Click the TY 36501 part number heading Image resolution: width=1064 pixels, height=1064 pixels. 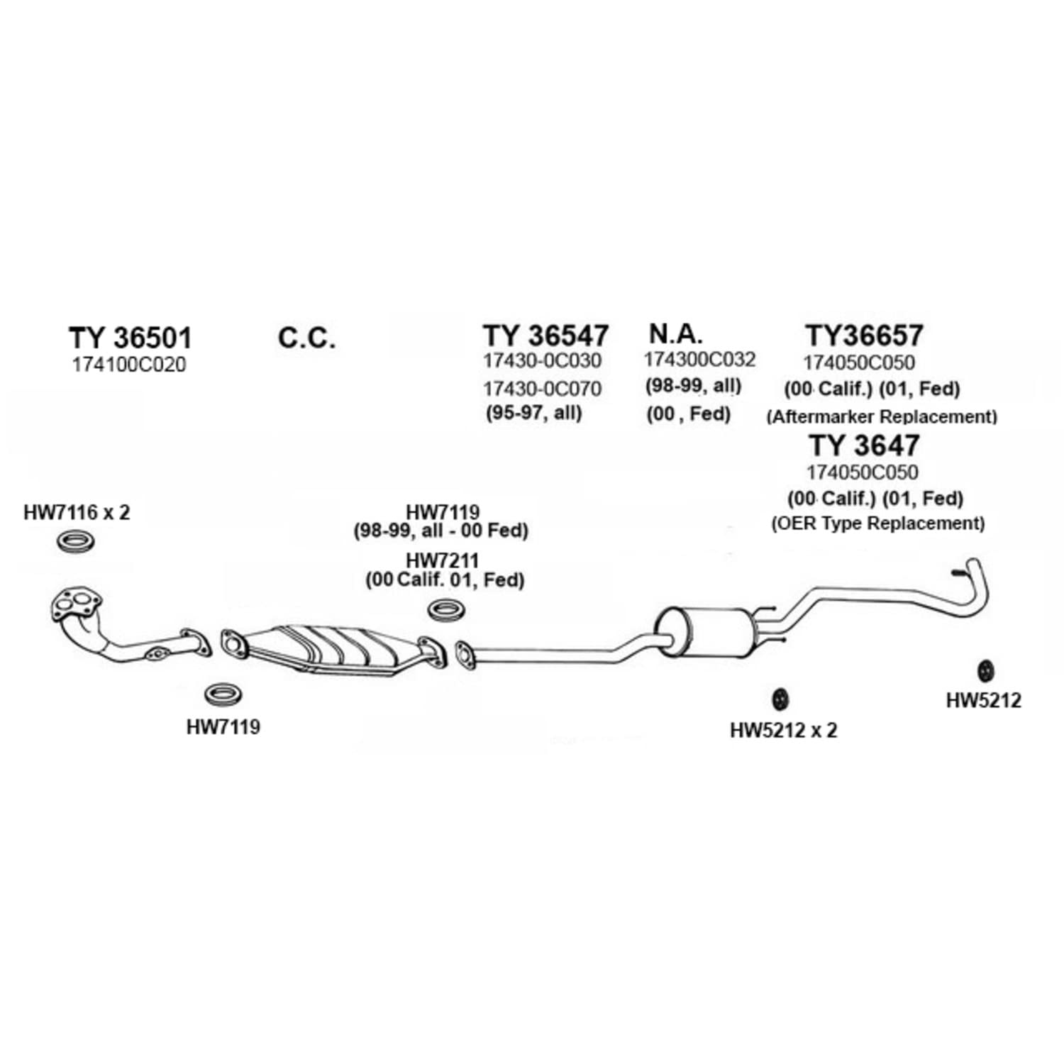pyautogui.click(x=131, y=338)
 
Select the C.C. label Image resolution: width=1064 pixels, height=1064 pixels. pyautogui.click(x=306, y=338)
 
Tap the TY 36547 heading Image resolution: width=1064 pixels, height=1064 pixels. pyautogui.click(x=545, y=335)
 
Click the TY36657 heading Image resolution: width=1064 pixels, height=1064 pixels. pyautogui.click(x=864, y=335)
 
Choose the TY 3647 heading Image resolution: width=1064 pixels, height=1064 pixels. pyautogui.click(x=864, y=445)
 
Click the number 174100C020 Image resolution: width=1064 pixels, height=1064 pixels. pyautogui.click(x=128, y=365)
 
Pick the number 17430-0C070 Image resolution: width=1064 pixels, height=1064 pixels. pyautogui.click(x=542, y=389)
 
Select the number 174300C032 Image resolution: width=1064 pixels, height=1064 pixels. pyautogui.click(x=699, y=360)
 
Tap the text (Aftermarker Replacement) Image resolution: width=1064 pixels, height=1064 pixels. pyautogui.click(x=882, y=416)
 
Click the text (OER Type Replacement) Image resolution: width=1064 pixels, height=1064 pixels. pyautogui.click(x=878, y=523)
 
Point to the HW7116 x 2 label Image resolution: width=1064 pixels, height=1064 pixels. pyautogui.click(x=77, y=512)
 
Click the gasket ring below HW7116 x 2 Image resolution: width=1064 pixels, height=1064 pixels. pyautogui.click(x=75, y=541)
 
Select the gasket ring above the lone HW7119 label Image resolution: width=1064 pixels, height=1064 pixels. pyautogui.click(x=223, y=694)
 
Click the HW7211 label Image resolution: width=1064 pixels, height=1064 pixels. pyautogui.click(x=443, y=560)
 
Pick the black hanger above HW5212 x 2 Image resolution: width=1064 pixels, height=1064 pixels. pyautogui.click(x=780, y=699)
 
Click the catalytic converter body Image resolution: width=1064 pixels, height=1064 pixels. pyautogui.click(x=333, y=647)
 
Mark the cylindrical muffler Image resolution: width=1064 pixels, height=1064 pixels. pyautogui.click(x=706, y=631)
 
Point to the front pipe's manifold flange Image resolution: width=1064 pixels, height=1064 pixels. pyautogui.click(x=76, y=604)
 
